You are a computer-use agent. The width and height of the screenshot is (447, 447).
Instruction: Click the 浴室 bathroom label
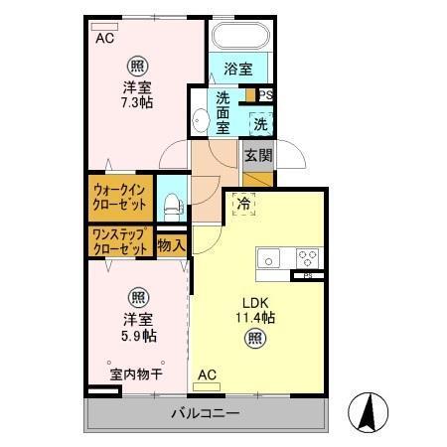(237, 69)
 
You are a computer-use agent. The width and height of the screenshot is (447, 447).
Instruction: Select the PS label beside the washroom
(265, 95)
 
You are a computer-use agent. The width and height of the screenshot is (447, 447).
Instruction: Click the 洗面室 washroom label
(223, 112)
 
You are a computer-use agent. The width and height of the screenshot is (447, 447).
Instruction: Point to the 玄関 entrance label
(258, 155)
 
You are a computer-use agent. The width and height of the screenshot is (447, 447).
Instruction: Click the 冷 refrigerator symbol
(244, 205)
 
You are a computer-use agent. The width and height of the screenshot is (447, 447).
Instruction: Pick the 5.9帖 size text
(137, 336)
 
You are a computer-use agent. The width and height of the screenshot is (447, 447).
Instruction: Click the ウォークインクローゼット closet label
(120, 198)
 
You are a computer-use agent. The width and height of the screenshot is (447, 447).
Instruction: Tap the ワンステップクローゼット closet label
(120, 242)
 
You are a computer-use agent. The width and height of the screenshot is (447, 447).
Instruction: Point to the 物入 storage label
(171, 243)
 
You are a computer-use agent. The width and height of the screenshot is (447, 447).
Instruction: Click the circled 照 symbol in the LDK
(255, 339)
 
